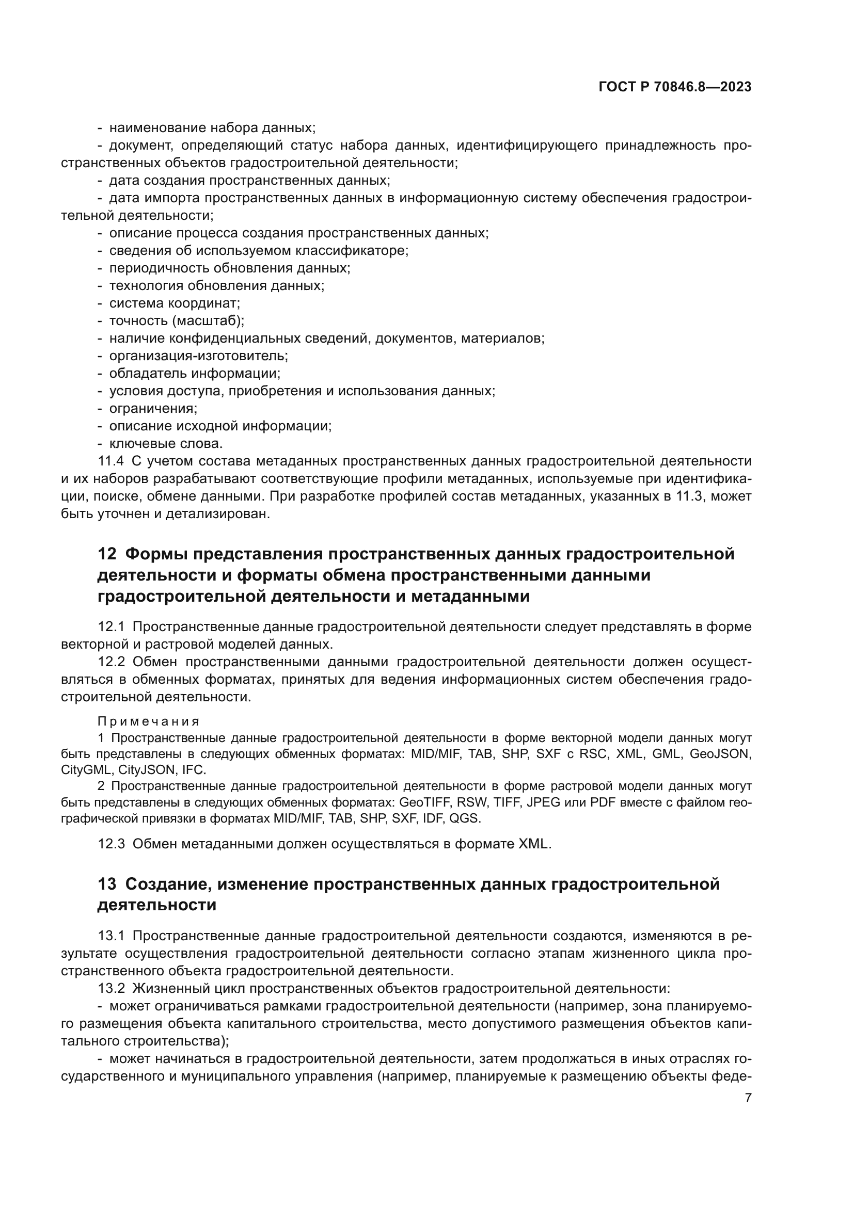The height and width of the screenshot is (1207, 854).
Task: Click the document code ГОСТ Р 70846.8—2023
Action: click(675, 87)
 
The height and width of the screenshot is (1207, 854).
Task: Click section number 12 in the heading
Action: click(107, 554)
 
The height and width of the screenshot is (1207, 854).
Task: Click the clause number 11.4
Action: click(111, 461)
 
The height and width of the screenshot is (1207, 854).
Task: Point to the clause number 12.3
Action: click(111, 844)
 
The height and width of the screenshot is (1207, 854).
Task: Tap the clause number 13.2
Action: click(111, 988)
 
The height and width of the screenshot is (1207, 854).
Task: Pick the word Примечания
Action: click(148, 721)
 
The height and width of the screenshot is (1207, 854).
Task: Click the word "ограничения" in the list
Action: click(153, 409)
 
